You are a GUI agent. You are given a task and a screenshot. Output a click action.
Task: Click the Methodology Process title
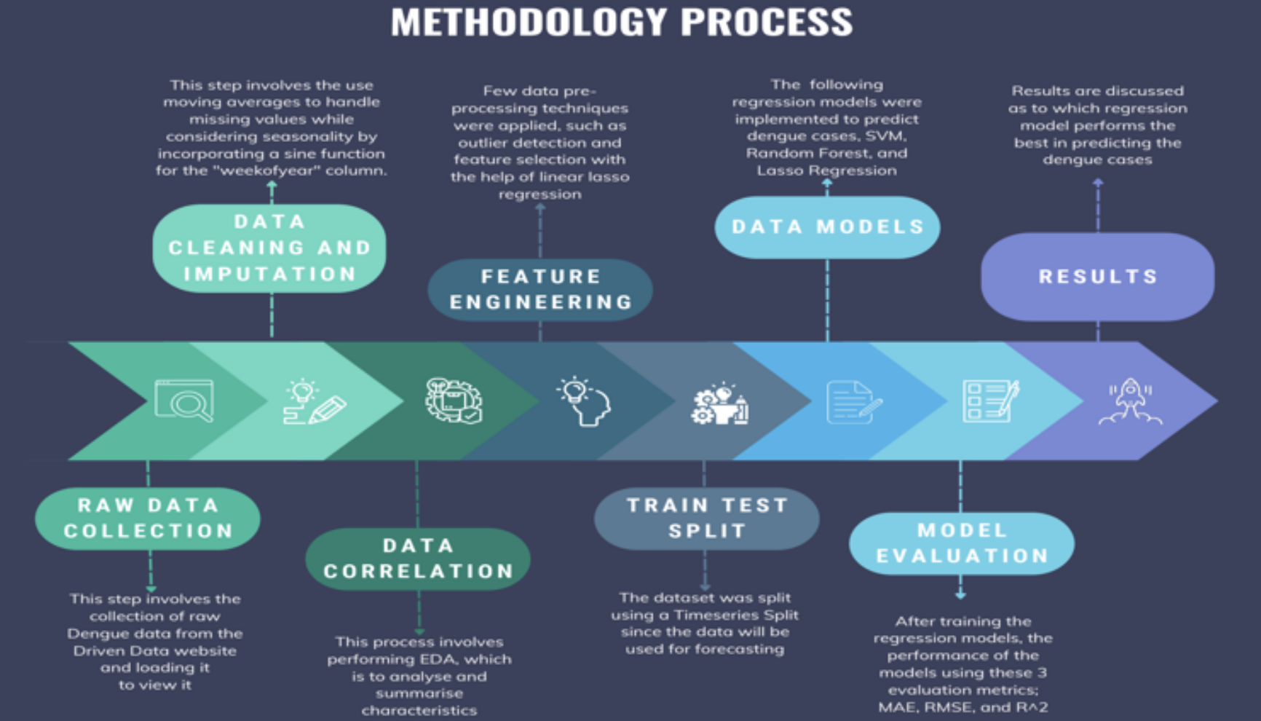(x=622, y=22)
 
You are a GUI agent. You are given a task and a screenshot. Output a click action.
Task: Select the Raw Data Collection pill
(x=148, y=519)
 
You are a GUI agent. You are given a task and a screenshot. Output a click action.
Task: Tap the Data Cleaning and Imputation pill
(x=269, y=248)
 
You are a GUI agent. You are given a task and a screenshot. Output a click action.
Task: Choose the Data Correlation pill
(x=418, y=559)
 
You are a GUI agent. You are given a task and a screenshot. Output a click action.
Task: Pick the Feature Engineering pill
(x=540, y=290)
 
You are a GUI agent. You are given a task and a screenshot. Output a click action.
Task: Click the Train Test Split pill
(x=707, y=519)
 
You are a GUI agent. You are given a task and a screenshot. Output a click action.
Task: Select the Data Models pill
(x=827, y=227)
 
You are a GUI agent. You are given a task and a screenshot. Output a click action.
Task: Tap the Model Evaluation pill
(x=962, y=543)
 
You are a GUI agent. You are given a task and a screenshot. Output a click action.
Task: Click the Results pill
(x=1097, y=277)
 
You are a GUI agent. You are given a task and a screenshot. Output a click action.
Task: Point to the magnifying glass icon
(x=185, y=401)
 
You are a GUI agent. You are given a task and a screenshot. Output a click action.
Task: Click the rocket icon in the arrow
(x=1130, y=401)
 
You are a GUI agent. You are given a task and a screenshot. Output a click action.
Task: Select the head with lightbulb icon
(x=584, y=401)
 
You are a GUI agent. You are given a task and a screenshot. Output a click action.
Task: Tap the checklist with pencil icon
(x=990, y=401)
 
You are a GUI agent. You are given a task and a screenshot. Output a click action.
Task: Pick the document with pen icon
(x=853, y=402)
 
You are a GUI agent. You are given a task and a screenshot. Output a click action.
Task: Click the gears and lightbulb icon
(x=719, y=403)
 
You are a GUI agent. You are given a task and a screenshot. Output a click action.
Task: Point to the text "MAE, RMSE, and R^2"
(x=962, y=707)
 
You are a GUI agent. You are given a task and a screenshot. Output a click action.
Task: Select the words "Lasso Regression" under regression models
(x=826, y=171)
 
